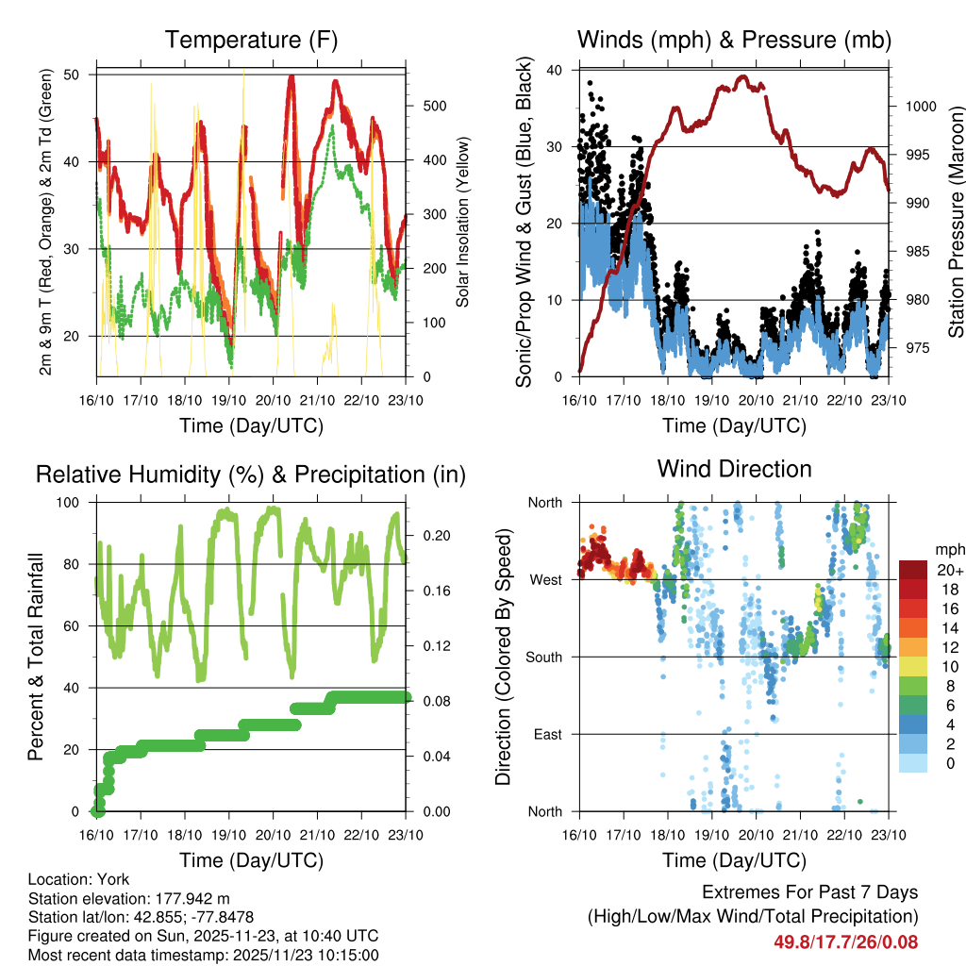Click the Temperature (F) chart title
point(251,40)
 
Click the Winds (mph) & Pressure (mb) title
point(734,40)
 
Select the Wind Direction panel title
point(734,469)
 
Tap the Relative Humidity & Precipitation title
point(251,475)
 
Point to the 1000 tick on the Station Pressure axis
point(919,107)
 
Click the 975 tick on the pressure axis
point(915,348)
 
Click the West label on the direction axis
point(544,579)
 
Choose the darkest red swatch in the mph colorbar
point(912,570)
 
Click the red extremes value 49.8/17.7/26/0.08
point(846,941)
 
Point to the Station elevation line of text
point(129,898)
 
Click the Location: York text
point(79,879)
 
